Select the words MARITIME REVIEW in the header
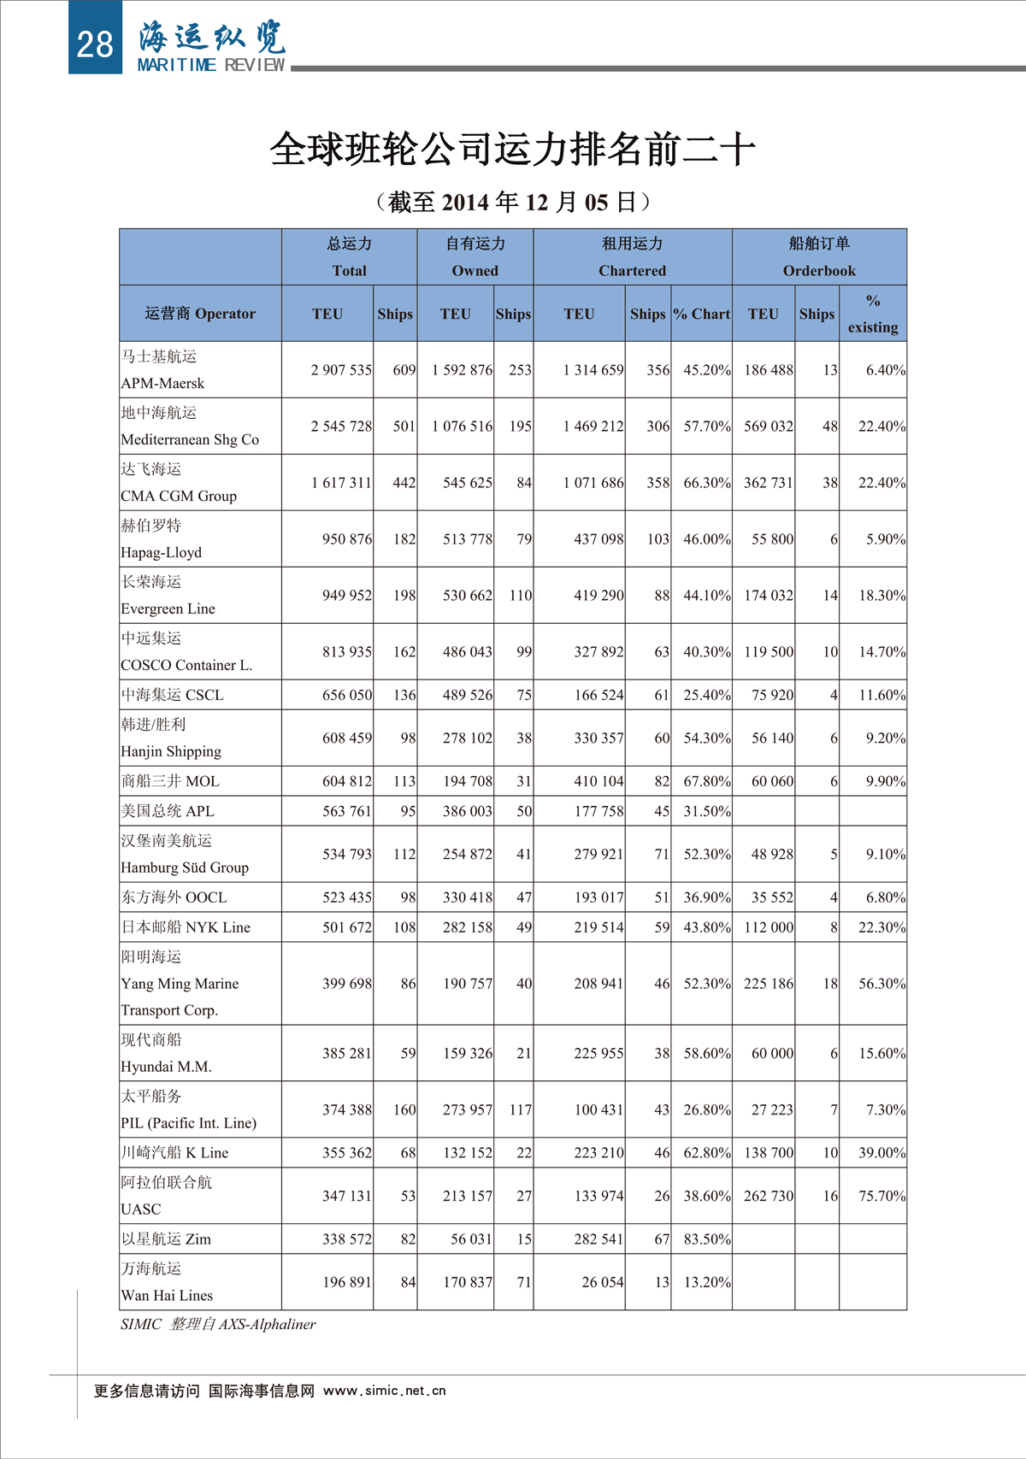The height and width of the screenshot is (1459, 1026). point(211,66)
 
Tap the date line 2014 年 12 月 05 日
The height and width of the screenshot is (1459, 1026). point(513,203)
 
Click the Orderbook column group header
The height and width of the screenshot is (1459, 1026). point(819,270)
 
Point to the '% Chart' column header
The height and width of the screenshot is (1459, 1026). point(701,314)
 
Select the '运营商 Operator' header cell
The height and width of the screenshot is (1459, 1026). point(200,314)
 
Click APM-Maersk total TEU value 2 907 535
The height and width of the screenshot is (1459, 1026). point(341,370)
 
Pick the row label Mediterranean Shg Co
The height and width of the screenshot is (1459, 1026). point(190,439)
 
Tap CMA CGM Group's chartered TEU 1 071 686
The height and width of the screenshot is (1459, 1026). point(593,483)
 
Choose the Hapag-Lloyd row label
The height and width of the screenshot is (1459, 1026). point(162,552)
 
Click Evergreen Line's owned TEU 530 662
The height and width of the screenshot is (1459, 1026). point(467,596)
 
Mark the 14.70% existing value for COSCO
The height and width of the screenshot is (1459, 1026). point(882,652)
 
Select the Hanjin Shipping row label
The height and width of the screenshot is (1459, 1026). point(171,751)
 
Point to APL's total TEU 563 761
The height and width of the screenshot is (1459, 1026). point(346,811)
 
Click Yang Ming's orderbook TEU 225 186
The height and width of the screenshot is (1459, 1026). point(768,984)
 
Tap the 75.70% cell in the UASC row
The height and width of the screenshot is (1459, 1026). point(882,1196)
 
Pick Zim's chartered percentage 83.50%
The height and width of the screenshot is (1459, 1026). point(706,1239)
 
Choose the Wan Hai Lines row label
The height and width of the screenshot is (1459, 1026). point(167,1295)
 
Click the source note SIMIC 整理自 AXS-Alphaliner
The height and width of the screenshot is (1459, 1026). point(218,1324)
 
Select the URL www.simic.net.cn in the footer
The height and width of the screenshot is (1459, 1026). point(385,1391)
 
